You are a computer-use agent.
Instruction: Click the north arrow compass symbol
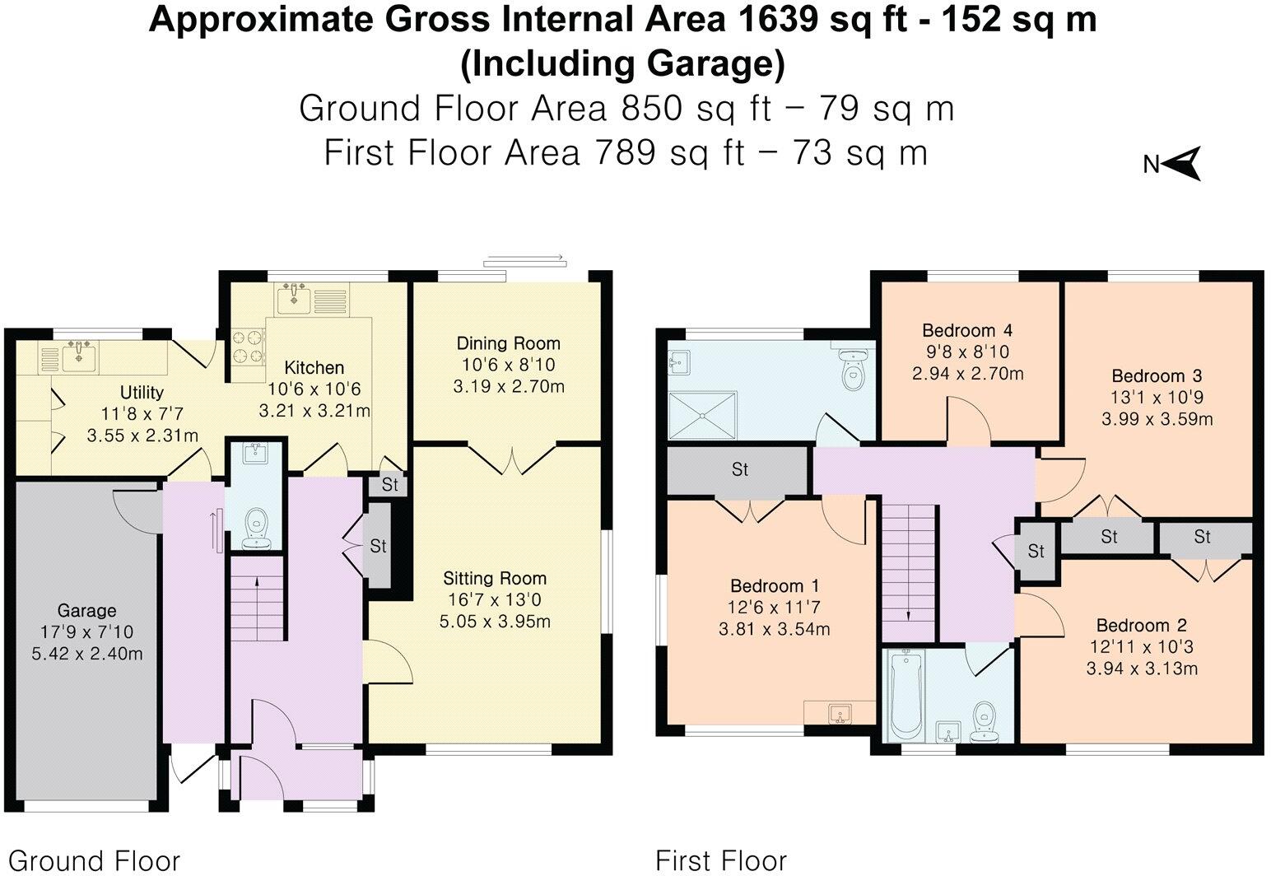click(1182, 163)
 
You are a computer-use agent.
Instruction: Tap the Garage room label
click(86, 611)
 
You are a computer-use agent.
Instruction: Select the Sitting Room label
click(495, 578)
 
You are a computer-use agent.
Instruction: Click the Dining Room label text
click(508, 343)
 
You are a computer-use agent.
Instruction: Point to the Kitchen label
click(314, 367)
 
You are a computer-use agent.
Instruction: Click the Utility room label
click(142, 392)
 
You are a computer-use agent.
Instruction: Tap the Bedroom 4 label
click(966, 331)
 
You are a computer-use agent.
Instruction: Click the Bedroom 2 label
click(1141, 626)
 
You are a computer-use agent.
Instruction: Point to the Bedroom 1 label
click(775, 586)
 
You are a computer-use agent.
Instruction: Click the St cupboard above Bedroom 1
click(739, 469)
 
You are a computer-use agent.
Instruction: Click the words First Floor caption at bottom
click(720, 860)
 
